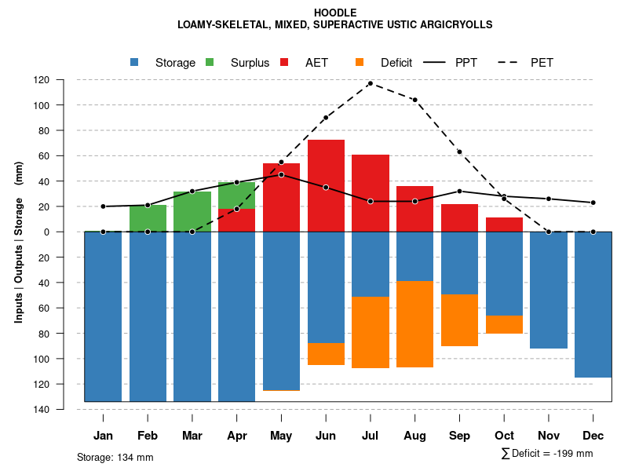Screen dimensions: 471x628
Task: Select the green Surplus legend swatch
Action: point(210,63)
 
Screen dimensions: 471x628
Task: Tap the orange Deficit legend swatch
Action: point(360,63)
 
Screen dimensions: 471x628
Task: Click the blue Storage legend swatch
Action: point(135,63)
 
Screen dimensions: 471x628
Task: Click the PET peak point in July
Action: point(371,83)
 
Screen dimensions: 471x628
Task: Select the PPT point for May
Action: point(281,174)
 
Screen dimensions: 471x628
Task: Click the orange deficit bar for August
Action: point(414,323)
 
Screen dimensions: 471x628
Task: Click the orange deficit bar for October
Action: point(504,324)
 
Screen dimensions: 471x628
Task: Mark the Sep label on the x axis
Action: point(459,436)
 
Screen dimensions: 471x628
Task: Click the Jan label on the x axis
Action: point(103,436)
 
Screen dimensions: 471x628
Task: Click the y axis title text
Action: point(19,242)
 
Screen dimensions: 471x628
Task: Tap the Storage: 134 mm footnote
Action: point(115,457)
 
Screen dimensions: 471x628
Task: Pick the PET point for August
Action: point(414,100)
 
